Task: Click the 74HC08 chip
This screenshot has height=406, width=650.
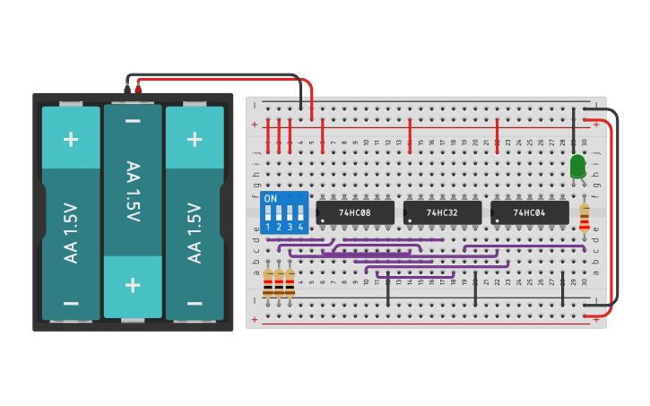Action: coord(355,212)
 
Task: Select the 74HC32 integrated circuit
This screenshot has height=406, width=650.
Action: coord(442,212)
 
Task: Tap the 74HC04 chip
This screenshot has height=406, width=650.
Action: coord(529,212)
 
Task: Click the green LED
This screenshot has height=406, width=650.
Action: coord(577,166)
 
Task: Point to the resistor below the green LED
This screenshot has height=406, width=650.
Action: coord(585,217)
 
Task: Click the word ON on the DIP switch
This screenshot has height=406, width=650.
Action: coord(270,198)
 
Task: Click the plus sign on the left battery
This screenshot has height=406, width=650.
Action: coord(71,139)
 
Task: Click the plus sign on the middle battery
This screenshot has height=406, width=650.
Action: coord(133,285)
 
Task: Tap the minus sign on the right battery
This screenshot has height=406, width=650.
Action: coord(195,303)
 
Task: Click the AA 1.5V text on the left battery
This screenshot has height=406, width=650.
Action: coord(71,233)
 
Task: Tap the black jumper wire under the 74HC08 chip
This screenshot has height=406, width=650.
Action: coord(388,292)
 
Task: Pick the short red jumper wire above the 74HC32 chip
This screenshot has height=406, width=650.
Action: coord(410,134)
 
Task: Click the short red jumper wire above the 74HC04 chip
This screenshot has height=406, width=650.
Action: coord(497,134)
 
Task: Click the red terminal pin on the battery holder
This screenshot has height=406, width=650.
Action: coord(138,88)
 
